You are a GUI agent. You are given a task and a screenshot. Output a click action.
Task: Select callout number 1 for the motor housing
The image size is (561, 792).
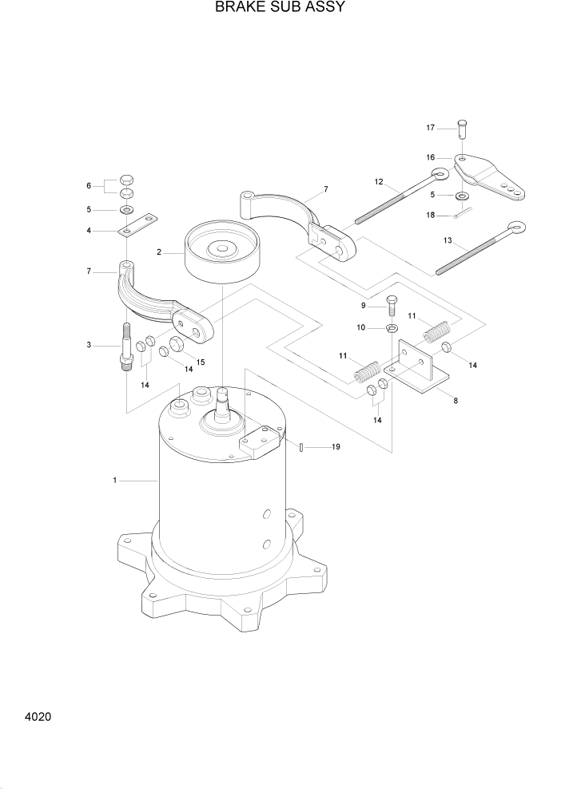click(115, 481)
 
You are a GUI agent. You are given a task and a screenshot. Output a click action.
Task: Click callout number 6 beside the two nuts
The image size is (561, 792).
click(89, 186)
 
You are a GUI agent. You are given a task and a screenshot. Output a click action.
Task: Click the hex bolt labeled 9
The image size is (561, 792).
click(392, 303)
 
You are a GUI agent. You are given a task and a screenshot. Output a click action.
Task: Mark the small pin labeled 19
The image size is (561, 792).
click(300, 447)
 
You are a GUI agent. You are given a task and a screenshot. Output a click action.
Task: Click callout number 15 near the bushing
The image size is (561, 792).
click(201, 362)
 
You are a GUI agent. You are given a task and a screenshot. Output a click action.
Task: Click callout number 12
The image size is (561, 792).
click(379, 182)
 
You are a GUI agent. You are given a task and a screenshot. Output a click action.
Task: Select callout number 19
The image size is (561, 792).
click(336, 447)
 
